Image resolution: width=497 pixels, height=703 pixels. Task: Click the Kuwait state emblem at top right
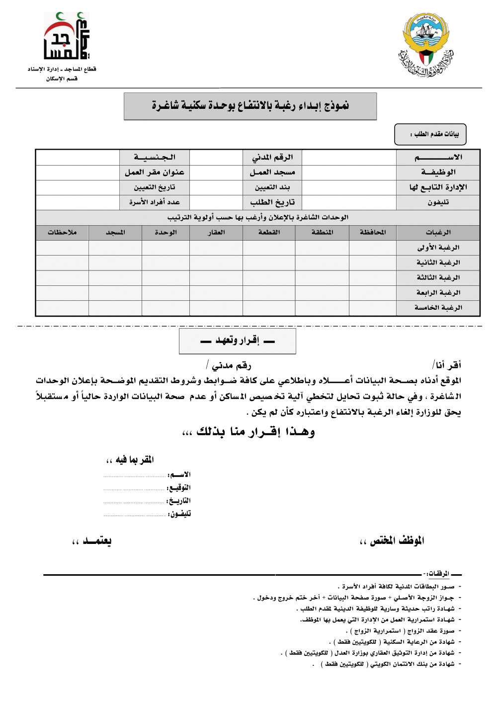[426, 45]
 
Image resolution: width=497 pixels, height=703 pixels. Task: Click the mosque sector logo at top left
[66, 37]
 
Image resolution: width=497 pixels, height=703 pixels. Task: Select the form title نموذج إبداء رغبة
[250, 106]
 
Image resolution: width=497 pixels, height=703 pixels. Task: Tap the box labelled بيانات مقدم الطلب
[430, 134]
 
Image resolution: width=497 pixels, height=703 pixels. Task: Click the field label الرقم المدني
[272, 158]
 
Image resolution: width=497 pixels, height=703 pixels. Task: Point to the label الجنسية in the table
[155, 158]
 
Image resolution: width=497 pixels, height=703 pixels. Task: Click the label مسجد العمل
[272, 173]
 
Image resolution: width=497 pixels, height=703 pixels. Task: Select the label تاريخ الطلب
[272, 202]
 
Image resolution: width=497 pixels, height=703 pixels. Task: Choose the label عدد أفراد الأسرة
[155, 202]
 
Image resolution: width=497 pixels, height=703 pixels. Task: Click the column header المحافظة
[372, 232]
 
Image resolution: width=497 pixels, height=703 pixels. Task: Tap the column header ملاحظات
[62, 232]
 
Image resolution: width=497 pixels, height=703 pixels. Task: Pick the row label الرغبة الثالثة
[438, 277]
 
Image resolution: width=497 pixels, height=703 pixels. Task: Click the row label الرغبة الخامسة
[438, 308]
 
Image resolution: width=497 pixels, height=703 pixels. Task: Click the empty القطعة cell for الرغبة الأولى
[269, 248]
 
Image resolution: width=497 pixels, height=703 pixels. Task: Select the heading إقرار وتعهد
[238, 341]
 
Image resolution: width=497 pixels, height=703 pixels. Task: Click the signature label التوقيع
[179, 488]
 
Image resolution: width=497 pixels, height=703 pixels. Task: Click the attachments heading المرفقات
[438, 574]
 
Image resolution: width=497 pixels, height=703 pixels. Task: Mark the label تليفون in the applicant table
[438, 202]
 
